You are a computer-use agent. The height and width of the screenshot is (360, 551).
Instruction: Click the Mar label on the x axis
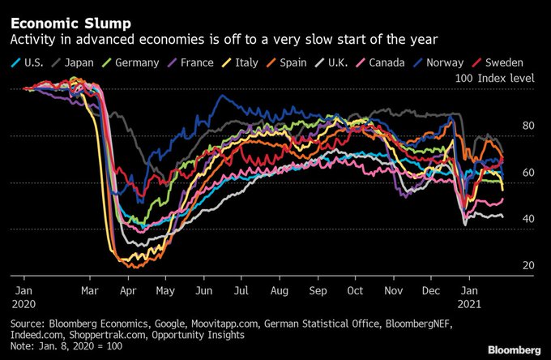tap(90, 289)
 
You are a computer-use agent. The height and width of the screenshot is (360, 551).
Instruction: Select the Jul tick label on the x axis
tap(241, 289)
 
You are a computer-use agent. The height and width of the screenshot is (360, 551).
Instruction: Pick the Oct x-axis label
tap(355, 289)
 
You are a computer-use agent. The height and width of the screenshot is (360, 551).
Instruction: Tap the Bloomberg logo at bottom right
tap(513, 349)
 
